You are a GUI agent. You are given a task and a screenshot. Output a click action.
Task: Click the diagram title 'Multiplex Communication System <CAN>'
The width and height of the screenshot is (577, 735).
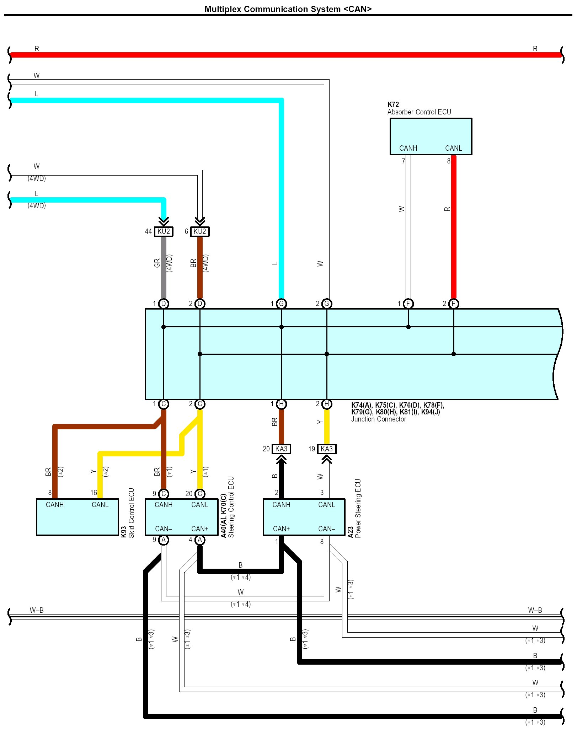pyautogui.click(x=288, y=9)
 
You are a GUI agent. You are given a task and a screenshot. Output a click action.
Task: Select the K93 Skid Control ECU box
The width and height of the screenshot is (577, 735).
pyautogui.click(x=77, y=517)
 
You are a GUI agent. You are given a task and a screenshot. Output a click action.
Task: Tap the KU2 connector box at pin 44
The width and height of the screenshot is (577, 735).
pyautogui.click(x=164, y=232)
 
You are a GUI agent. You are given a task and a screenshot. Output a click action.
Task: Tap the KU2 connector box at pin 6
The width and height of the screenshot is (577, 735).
pyautogui.click(x=200, y=232)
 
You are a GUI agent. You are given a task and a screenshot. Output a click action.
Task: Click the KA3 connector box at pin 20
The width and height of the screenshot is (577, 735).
pyautogui.click(x=281, y=449)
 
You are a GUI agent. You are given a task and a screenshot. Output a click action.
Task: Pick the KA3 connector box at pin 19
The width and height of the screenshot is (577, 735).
pyautogui.click(x=327, y=449)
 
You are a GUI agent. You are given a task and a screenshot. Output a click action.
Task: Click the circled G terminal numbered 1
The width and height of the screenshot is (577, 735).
pyautogui.click(x=281, y=304)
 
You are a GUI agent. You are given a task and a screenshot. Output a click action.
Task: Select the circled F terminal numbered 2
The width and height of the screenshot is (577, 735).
pyautogui.click(x=454, y=304)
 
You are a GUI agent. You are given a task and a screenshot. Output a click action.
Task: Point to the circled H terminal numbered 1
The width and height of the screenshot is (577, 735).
pyautogui.click(x=281, y=404)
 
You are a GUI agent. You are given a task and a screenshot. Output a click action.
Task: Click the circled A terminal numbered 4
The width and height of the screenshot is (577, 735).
pyautogui.click(x=200, y=540)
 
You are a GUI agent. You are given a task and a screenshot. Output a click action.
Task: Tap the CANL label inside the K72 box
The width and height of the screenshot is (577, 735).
pyautogui.click(x=453, y=148)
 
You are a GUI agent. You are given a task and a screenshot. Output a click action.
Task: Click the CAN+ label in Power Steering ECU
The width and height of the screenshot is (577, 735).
pyautogui.click(x=281, y=529)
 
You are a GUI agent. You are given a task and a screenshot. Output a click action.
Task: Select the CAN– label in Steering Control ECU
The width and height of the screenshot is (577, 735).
pyautogui.click(x=164, y=529)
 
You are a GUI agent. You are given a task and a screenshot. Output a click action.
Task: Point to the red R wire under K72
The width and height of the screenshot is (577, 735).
pyautogui.click(x=454, y=227)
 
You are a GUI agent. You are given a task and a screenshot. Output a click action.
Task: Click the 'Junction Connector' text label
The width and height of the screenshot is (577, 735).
pyautogui.click(x=378, y=419)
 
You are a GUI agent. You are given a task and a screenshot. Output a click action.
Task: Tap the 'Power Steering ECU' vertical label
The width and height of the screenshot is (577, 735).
pyautogui.click(x=358, y=508)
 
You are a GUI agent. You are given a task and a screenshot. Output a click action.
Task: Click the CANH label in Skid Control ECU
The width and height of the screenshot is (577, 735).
pyautogui.click(x=55, y=505)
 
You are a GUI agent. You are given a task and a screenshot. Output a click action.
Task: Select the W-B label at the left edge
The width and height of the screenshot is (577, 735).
pyautogui.click(x=37, y=610)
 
